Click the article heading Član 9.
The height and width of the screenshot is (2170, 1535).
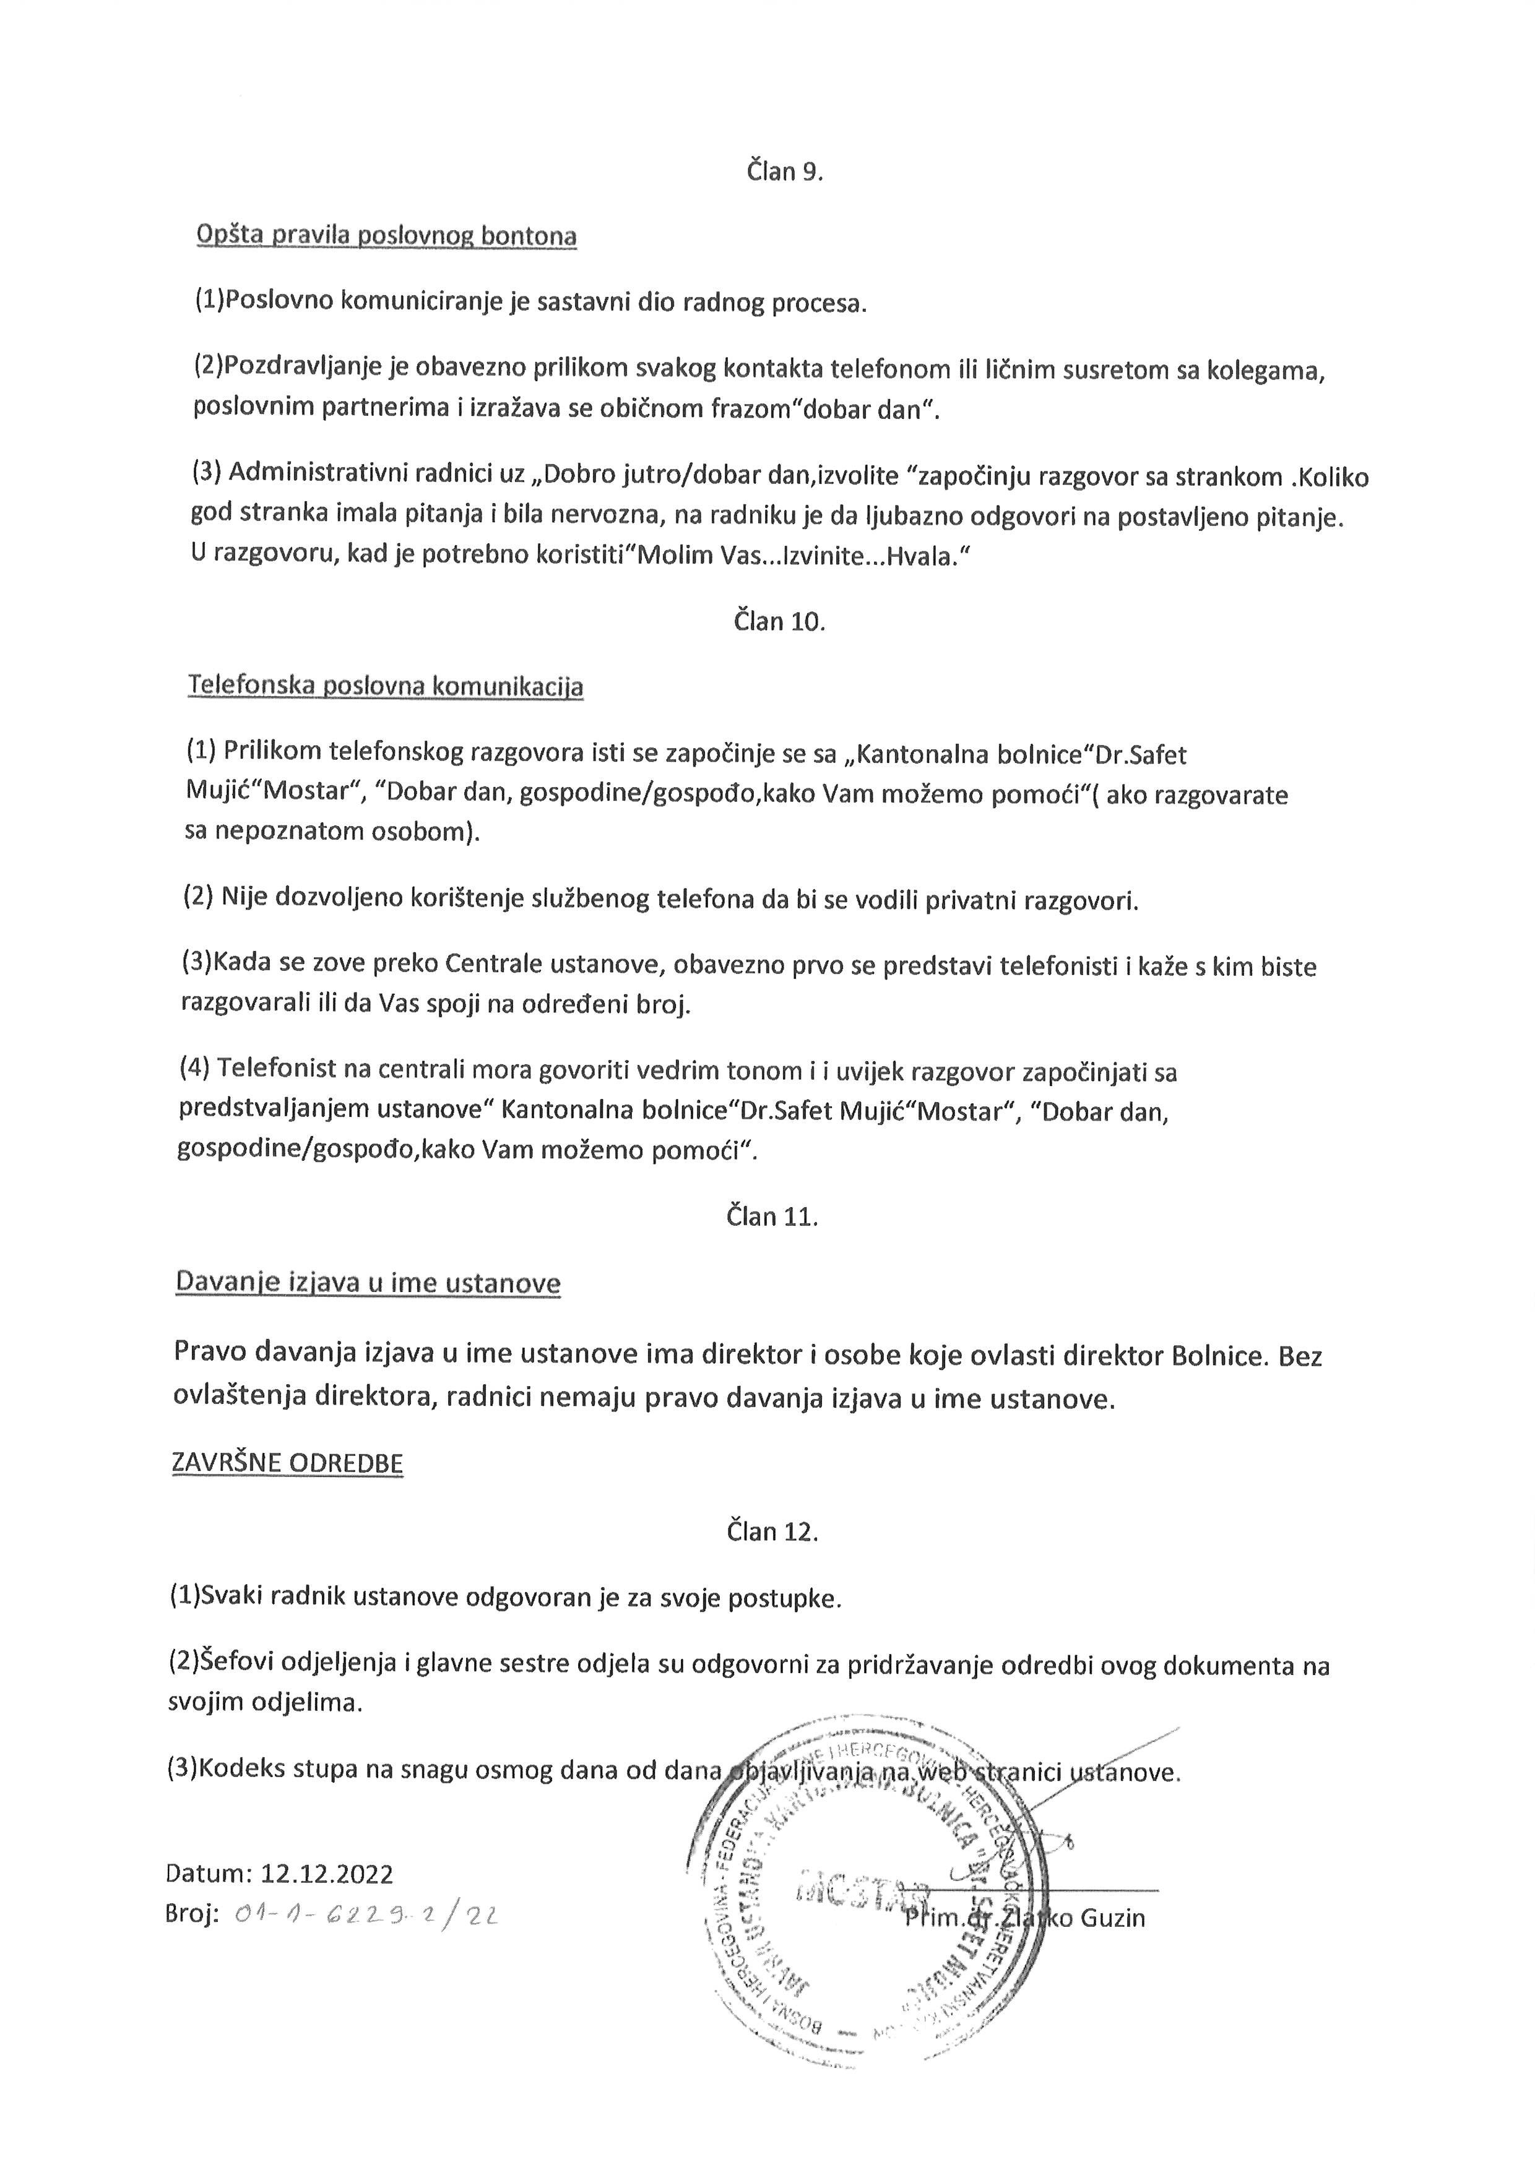click(784, 172)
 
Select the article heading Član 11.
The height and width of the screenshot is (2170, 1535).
click(771, 1216)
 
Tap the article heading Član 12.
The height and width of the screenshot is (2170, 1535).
click(771, 1531)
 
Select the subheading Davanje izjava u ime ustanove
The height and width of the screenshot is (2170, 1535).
click(368, 1283)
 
